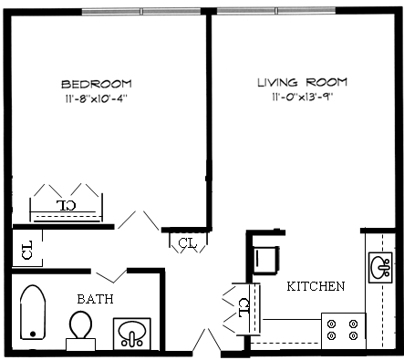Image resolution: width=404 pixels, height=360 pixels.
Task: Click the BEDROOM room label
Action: coord(97,84)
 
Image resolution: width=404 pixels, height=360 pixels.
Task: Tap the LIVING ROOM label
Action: coord(302,82)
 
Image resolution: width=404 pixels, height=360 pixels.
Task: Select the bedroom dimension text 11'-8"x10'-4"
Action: coord(96,98)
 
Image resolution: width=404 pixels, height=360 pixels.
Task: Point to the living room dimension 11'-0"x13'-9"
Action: coord(303,97)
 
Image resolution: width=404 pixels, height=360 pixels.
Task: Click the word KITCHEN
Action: coord(316,286)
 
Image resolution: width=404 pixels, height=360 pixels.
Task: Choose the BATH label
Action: coord(95,299)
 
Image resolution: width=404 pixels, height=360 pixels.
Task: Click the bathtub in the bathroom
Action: coord(33,312)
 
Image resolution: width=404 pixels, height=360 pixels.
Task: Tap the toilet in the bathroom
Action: coord(81,330)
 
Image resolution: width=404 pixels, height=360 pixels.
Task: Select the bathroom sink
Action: coord(131,334)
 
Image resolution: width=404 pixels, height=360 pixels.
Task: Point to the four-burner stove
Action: coord(344,331)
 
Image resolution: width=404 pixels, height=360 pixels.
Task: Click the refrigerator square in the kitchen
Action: coord(265,260)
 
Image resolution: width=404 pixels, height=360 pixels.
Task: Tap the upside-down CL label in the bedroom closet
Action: coord(67,205)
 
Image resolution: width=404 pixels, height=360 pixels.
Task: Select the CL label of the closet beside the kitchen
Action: coord(244,308)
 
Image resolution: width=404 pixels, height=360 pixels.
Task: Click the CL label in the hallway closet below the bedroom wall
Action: coord(188,243)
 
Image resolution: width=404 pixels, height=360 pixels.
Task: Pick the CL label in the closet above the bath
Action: coord(27,250)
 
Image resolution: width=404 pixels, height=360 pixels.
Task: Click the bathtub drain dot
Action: coord(33,334)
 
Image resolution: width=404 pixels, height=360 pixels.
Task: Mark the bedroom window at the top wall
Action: coord(141,12)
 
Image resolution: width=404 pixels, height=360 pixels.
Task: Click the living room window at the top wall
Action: coord(276,11)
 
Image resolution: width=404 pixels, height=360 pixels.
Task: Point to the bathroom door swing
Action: coord(111,276)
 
